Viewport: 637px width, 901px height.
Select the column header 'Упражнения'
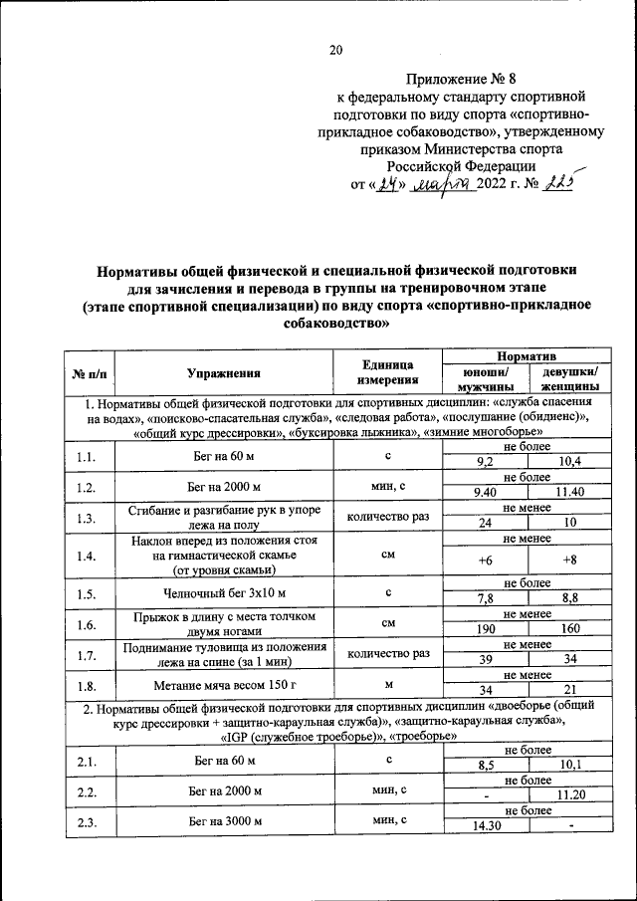[x=224, y=373]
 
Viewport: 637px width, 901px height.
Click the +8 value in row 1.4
[x=569, y=561]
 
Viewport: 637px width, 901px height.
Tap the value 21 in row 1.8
[x=569, y=690]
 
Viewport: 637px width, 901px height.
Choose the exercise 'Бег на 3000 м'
[x=224, y=820]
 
